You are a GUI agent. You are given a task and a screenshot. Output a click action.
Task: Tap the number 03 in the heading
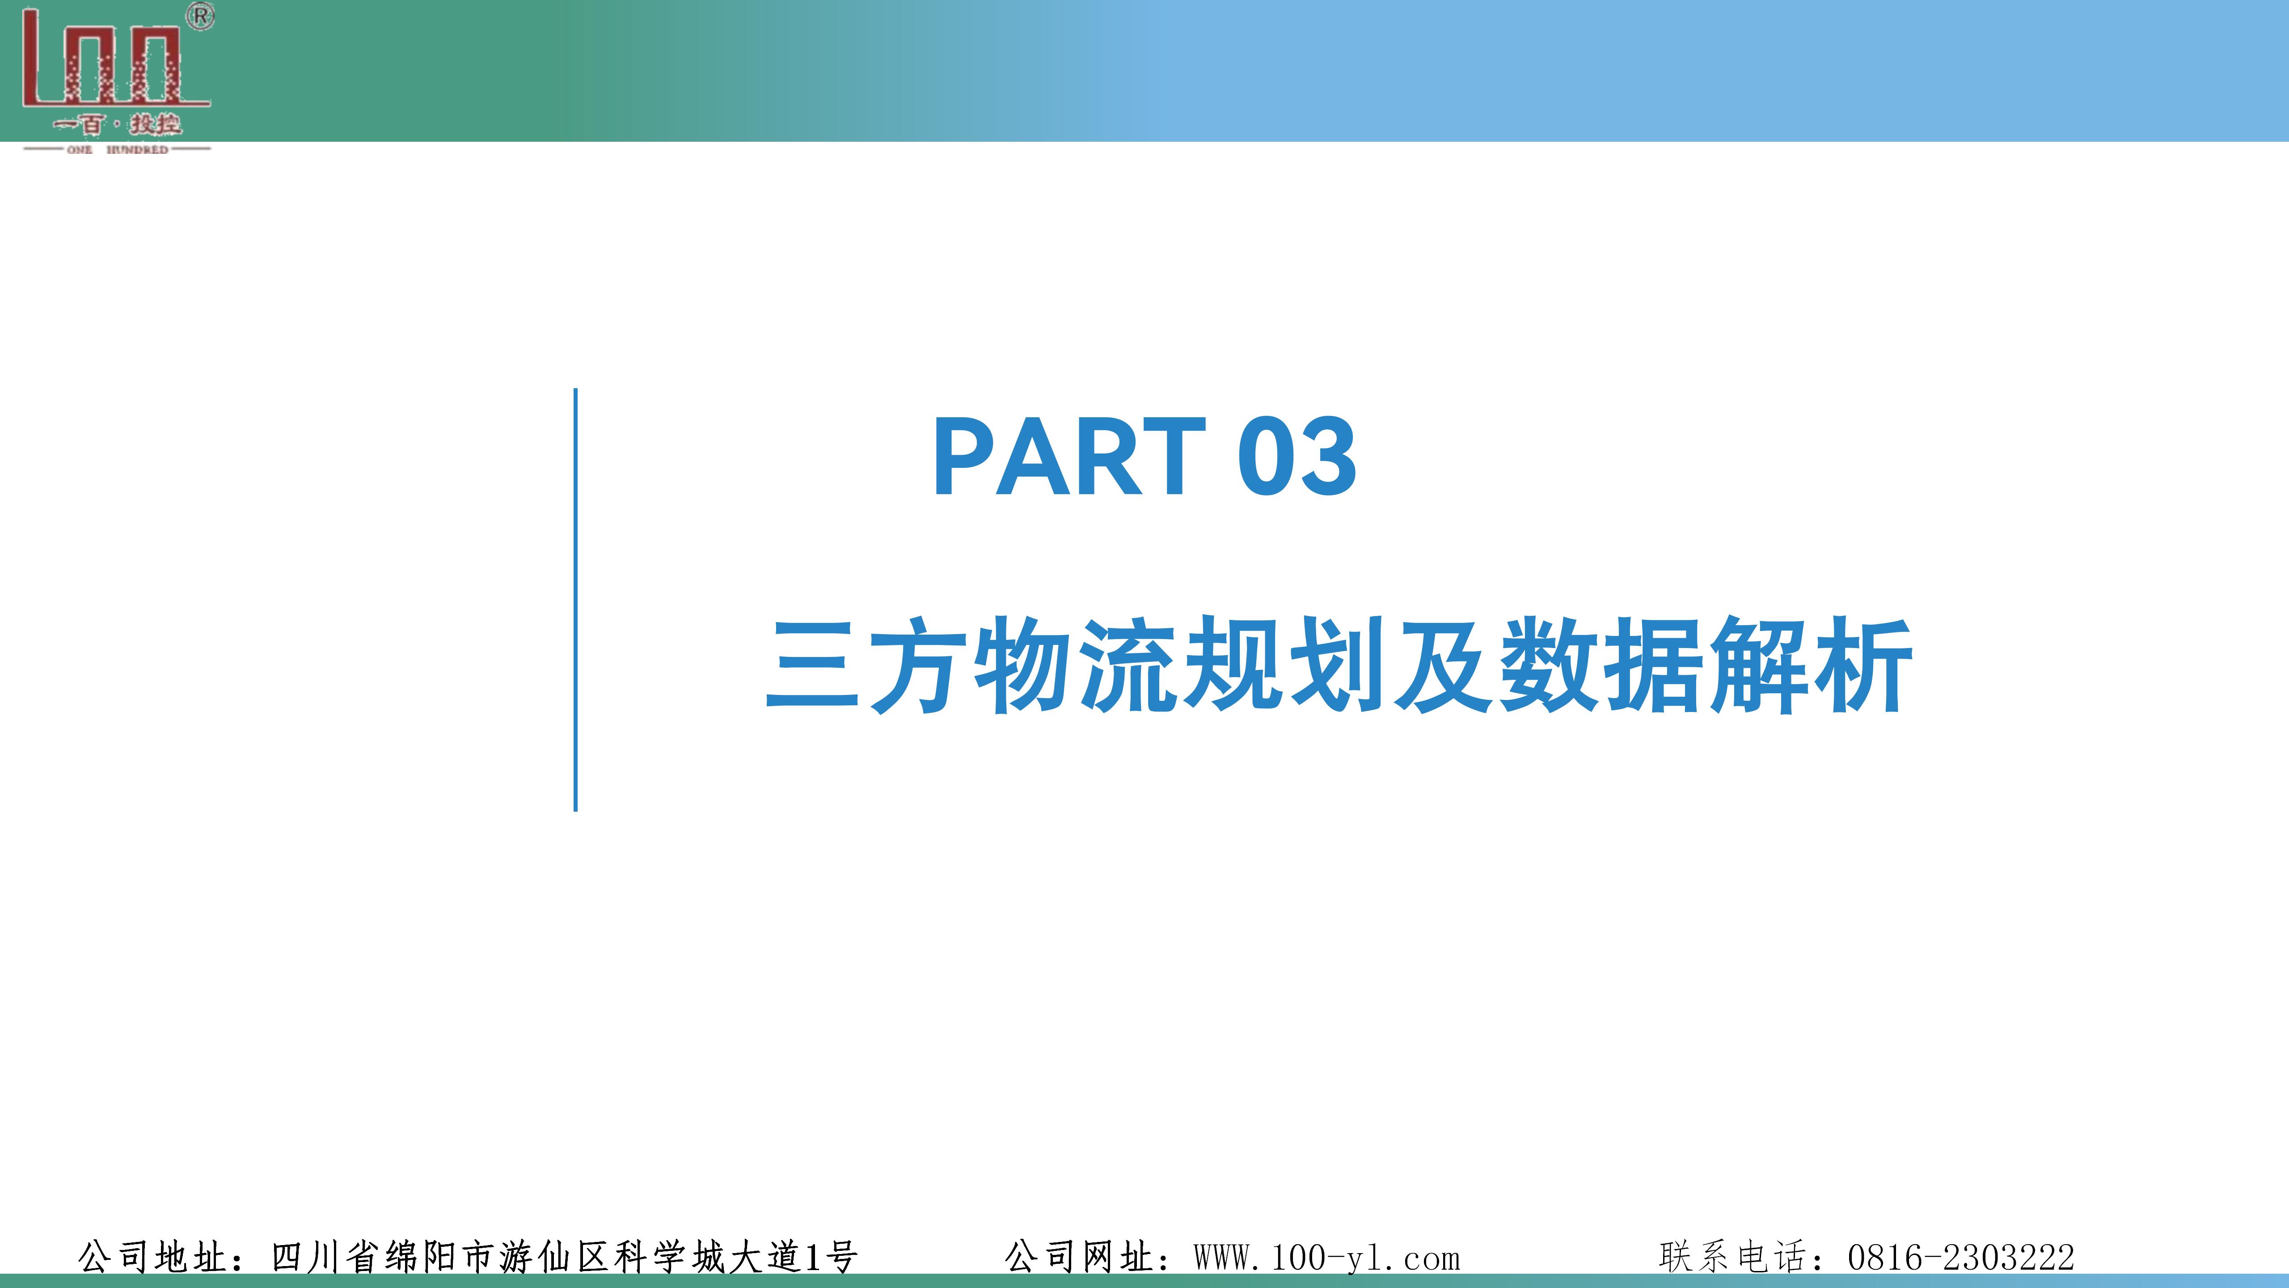1297,456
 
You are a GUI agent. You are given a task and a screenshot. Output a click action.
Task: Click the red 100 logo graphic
115,58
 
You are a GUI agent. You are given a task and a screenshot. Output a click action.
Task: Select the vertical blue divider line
576,600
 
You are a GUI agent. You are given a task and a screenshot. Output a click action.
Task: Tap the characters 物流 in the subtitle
1077,665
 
